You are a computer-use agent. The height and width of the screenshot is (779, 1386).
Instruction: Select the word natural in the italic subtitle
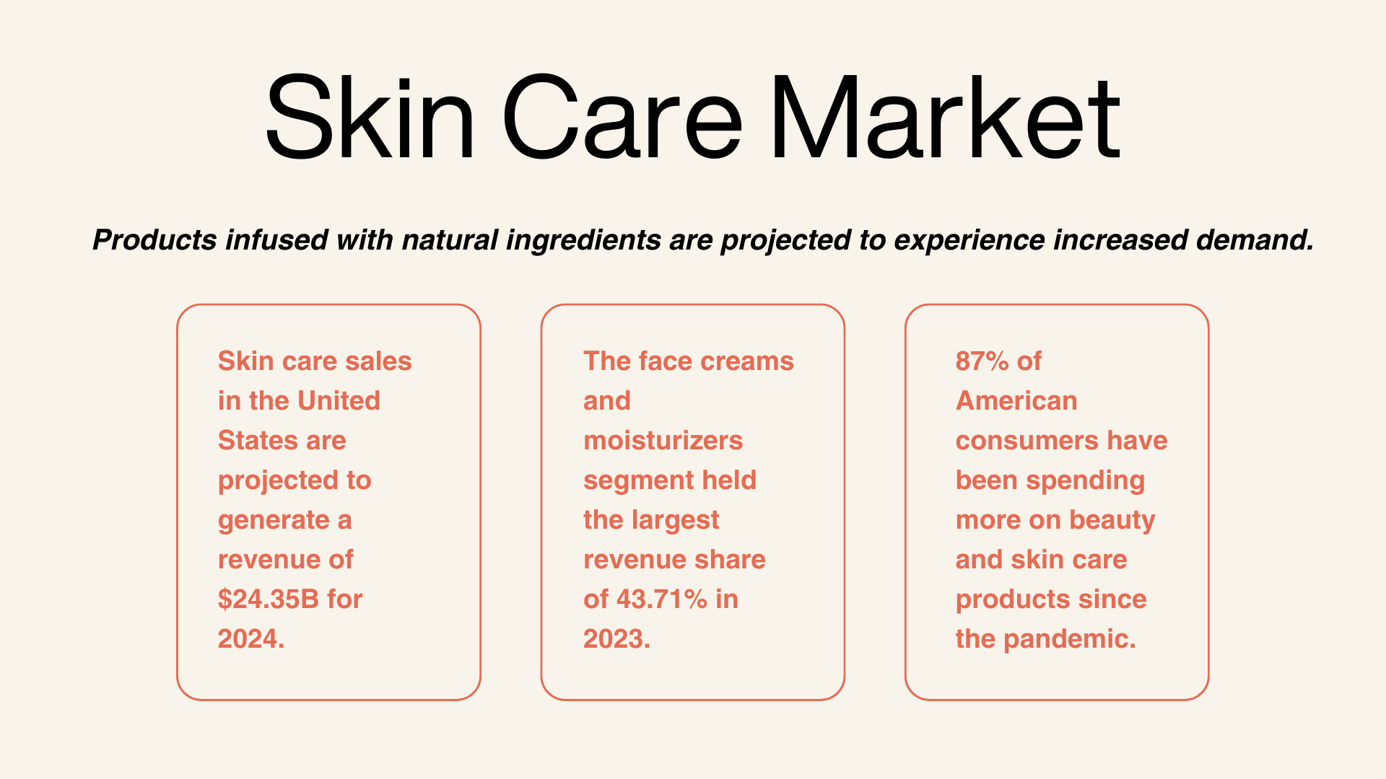450,240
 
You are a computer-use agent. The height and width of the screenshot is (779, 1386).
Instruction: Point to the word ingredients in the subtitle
583,241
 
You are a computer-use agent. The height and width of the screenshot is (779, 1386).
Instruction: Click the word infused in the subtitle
276,240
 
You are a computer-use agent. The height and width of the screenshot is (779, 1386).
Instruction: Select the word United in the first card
339,401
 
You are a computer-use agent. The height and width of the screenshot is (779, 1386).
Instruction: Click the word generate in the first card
274,521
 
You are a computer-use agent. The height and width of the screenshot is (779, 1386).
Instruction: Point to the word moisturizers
663,441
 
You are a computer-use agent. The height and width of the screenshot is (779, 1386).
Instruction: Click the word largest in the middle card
675,521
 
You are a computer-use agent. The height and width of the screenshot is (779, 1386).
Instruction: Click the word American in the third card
1016,401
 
